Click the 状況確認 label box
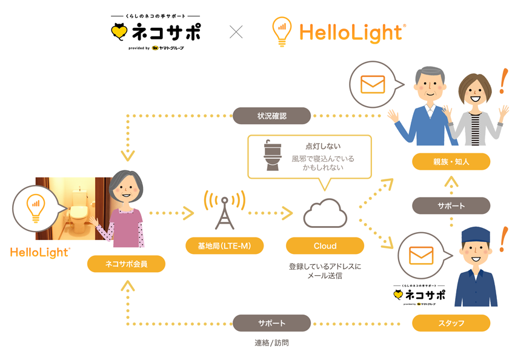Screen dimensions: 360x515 point(271,116)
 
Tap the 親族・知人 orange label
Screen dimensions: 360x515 point(451,162)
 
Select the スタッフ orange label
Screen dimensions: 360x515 point(451,323)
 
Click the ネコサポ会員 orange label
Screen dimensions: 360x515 point(126,264)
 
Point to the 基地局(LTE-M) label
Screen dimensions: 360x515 point(224,245)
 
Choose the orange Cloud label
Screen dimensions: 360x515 point(325,245)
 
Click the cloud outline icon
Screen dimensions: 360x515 point(325,213)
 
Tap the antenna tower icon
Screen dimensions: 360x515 point(224,209)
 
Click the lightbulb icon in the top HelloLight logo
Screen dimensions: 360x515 point(281,31)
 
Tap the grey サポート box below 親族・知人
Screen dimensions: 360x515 point(451,205)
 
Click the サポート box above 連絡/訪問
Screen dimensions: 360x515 point(271,323)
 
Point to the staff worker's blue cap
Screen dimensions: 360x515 point(475,233)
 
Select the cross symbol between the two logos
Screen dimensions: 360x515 point(236,32)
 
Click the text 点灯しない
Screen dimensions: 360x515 point(323,146)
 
